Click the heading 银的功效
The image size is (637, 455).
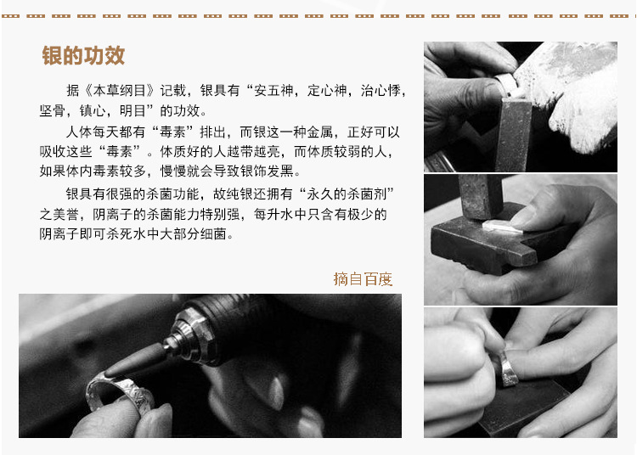click(x=83, y=56)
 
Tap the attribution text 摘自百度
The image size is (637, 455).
click(x=363, y=278)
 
